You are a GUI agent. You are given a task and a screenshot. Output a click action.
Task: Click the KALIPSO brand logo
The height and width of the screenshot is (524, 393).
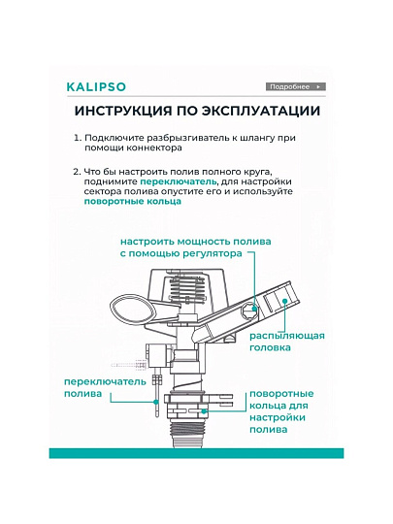pos(96,87)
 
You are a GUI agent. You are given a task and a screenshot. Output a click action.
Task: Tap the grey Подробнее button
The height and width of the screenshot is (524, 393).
pos(296,87)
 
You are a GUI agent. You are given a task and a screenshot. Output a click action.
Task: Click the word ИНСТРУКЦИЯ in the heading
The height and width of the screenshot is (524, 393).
pos(123,111)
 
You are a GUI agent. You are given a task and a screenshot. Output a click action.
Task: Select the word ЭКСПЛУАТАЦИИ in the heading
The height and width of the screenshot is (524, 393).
pos(260,111)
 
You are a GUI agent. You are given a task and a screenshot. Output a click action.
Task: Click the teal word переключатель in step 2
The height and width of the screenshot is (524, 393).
pos(179,181)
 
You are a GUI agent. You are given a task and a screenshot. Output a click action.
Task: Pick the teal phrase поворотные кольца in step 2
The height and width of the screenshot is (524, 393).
pos(133,201)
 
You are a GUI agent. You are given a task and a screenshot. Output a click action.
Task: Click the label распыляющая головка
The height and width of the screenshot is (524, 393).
pos(287,342)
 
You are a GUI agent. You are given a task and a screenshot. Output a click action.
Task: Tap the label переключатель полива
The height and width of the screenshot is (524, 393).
pos(105,387)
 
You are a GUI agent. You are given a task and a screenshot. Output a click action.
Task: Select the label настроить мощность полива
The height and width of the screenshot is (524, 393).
pos(195,242)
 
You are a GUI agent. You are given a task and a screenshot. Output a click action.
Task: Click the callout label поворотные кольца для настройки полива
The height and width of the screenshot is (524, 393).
pos(281,411)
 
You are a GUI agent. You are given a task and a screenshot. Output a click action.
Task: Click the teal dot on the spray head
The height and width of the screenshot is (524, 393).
pos(284,301)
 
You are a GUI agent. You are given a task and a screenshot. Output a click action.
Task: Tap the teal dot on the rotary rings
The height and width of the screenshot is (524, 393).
pos(203,411)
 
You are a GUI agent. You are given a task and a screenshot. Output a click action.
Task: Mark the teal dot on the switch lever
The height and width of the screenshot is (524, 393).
pos(155,402)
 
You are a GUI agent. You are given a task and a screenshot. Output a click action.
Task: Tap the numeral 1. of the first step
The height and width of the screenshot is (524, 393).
pos(78,138)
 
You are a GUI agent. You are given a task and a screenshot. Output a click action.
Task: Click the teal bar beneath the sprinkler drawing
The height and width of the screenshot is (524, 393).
pos(196,453)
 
